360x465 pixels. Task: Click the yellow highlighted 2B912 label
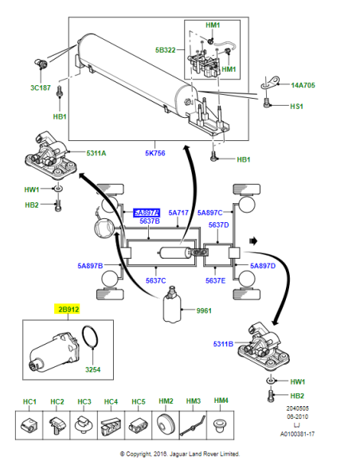coord(68,309)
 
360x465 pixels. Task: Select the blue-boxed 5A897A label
coord(147,213)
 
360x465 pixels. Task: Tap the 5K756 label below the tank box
coord(155,154)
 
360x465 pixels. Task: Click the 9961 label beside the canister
coord(204,311)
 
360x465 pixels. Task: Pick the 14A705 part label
coord(303,85)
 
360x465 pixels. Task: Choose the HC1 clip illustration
coord(29,425)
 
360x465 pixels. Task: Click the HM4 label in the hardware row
coord(221,401)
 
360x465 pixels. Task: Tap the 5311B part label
coord(223,344)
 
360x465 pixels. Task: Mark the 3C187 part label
coord(41,88)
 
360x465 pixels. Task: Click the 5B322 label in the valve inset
coord(166,50)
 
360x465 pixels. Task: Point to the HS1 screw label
coord(297,106)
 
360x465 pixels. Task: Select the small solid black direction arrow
coord(253,241)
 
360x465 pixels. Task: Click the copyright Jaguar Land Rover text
coord(180,454)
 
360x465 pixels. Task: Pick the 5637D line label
coord(219,225)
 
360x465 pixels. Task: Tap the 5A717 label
coord(178,213)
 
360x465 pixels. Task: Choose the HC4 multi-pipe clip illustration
coord(112,426)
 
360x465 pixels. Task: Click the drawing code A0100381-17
coord(297,434)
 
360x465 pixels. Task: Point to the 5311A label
coord(96,154)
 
